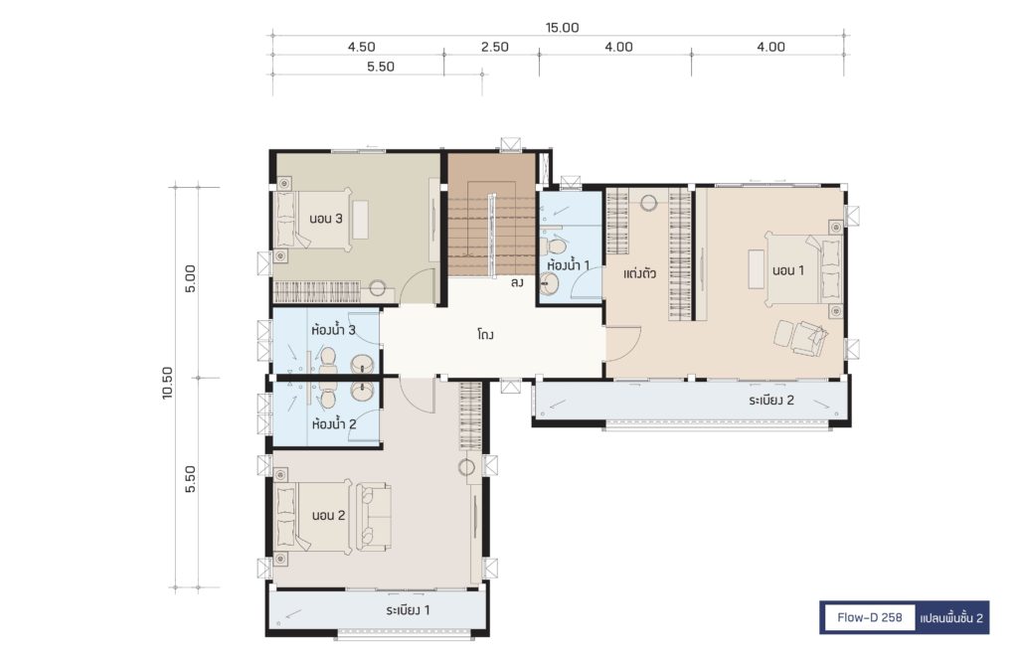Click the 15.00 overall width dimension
(563, 27)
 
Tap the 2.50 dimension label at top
(495, 47)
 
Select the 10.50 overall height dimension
(168, 383)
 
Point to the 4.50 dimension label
(361, 47)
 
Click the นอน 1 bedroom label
(788, 270)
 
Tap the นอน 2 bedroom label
(328, 515)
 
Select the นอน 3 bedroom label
(326, 218)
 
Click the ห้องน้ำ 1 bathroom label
(569, 264)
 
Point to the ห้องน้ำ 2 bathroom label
(334, 424)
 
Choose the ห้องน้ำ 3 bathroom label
(334, 330)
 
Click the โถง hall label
(485, 335)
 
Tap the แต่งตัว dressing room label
(639, 273)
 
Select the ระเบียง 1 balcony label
(408, 610)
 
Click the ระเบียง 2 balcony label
(771, 400)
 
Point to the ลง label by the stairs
(517, 283)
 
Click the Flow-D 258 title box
(869, 617)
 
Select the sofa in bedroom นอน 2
(373, 515)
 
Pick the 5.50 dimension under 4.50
(381, 67)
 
